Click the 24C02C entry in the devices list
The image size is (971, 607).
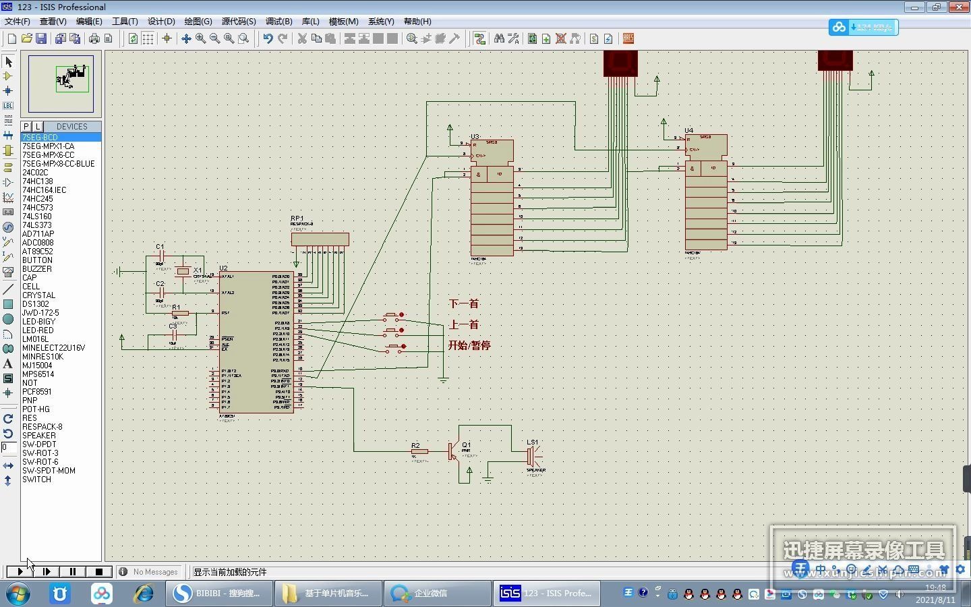[35, 172]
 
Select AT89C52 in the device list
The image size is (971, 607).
[37, 251]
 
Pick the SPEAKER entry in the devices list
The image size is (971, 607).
[39, 435]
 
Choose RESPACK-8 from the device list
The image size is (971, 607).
[42, 426]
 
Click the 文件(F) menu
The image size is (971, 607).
[18, 22]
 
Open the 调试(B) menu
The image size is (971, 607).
[278, 22]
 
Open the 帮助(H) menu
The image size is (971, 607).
[417, 22]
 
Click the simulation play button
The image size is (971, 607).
[20, 571]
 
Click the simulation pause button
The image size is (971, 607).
[73, 571]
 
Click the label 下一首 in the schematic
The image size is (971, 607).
[464, 303]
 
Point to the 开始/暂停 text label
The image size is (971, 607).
[469, 345]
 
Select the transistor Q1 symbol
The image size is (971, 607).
[453, 451]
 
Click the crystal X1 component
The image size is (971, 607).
[183, 271]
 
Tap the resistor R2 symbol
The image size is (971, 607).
[419, 451]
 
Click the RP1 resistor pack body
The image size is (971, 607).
[320, 239]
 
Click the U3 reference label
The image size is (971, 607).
[475, 137]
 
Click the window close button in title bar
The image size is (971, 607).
[958, 7]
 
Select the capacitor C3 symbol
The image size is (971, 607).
[174, 335]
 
